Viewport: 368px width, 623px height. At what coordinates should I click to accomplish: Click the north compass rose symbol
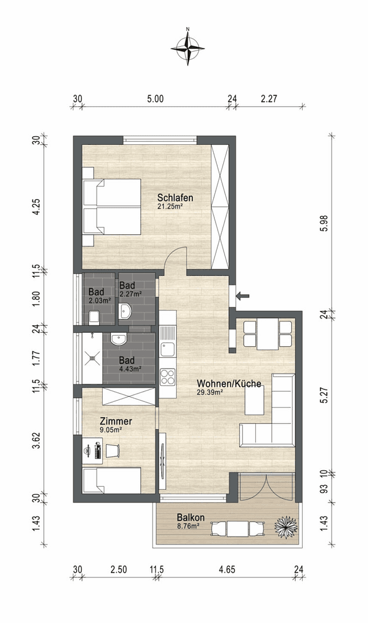point(188,47)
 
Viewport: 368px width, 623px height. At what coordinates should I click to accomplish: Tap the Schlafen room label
point(175,198)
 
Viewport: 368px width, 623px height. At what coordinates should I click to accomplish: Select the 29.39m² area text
point(210,392)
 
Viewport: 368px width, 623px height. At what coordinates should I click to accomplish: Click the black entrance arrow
point(243,296)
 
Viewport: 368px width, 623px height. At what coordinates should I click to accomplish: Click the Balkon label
point(191,517)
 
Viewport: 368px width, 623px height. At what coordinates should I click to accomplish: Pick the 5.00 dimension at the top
point(155,99)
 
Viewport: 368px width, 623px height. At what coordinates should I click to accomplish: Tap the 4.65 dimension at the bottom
point(226,570)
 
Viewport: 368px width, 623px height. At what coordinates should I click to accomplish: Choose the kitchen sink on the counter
point(168,348)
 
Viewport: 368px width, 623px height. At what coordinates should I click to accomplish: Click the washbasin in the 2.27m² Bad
point(126,312)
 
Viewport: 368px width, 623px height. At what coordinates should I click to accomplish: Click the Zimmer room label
point(116,421)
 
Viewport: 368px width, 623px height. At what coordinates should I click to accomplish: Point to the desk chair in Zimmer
point(114,449)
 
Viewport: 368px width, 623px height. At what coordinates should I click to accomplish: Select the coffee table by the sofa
point(254,400)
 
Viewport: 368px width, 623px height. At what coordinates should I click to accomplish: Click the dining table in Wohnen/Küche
point(267,335)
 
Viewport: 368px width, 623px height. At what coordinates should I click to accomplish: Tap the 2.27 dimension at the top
point(269,99)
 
